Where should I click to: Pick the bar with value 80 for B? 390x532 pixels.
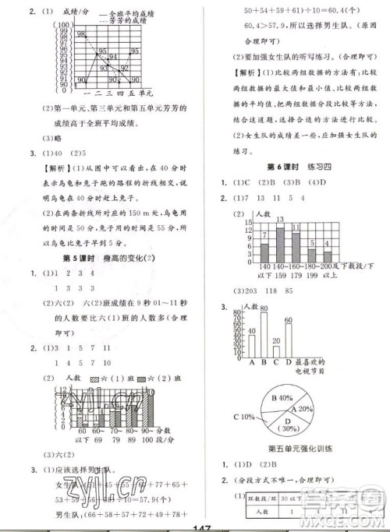tap(264, 334)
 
